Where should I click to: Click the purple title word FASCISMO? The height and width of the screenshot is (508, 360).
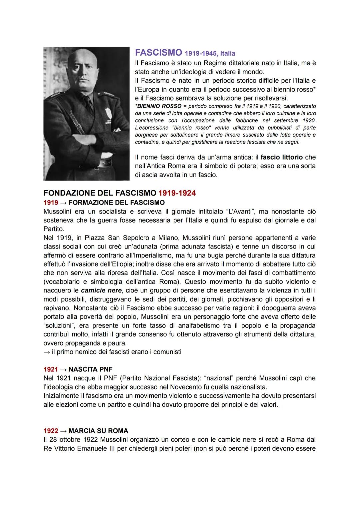158,53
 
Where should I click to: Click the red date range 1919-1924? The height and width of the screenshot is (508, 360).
177,193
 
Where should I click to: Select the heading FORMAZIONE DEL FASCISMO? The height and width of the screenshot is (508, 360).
117,203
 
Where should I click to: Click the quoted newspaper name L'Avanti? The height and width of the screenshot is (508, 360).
238,212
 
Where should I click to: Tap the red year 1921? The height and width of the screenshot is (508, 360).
51,369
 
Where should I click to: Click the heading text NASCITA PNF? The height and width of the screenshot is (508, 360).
91,369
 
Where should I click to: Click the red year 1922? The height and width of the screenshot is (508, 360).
51,431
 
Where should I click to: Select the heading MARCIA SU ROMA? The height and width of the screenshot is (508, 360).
98,431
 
